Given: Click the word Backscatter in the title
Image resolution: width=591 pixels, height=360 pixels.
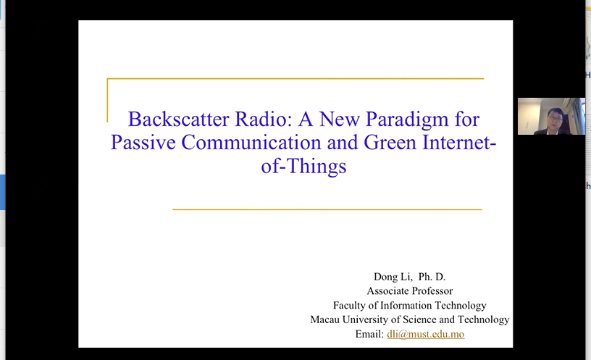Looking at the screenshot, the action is click(178, 119).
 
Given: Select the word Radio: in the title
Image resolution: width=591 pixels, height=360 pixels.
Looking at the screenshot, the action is click(264, 119).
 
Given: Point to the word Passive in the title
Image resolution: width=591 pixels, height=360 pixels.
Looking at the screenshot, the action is click(143, 143).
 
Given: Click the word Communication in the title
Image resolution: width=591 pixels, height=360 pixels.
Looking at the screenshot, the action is click(251, 143).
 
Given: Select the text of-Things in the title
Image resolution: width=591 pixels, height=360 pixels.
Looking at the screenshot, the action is click(303, 167).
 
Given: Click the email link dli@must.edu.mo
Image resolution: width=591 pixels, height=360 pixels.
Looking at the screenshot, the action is click(426, 334).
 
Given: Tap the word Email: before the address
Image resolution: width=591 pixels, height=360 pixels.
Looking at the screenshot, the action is click(369, 334).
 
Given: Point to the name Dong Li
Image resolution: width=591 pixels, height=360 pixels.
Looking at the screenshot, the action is click(393, 277).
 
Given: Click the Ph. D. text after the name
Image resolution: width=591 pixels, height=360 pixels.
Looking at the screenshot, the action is click(432, 277).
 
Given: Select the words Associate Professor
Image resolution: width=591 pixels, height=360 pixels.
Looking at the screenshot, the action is click(410, 290).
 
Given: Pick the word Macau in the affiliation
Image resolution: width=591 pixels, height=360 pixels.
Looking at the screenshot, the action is click(324, 319).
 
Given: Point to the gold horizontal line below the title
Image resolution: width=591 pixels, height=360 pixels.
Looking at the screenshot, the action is click(327, 209).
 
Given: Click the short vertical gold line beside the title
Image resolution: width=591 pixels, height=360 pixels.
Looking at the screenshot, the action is click(107, 100).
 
